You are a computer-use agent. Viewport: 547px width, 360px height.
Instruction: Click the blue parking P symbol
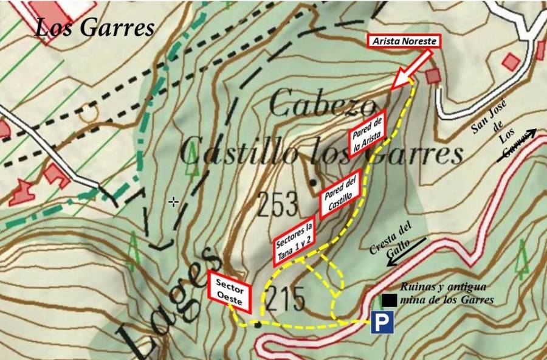click(x=382, y=323)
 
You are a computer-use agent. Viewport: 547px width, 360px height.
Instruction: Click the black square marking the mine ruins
click(x=390, y=300)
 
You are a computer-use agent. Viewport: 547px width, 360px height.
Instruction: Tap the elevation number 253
click(x=278, y=205)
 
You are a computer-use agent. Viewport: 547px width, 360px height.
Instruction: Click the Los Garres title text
click(x=94, y=27)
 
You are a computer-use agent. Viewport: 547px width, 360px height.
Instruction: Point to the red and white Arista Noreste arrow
click(x=411, y=71)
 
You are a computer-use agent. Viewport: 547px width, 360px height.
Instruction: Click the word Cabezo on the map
click(x=322, y=104)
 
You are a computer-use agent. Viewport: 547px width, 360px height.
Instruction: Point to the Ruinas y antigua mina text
click(x=446, y=293)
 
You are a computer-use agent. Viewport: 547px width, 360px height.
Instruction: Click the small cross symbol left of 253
click(x=174, y=201)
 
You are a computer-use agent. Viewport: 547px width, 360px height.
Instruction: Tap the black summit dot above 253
click(x=313, y=182)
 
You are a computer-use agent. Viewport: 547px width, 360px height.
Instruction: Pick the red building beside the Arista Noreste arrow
click(x=433, y=76)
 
